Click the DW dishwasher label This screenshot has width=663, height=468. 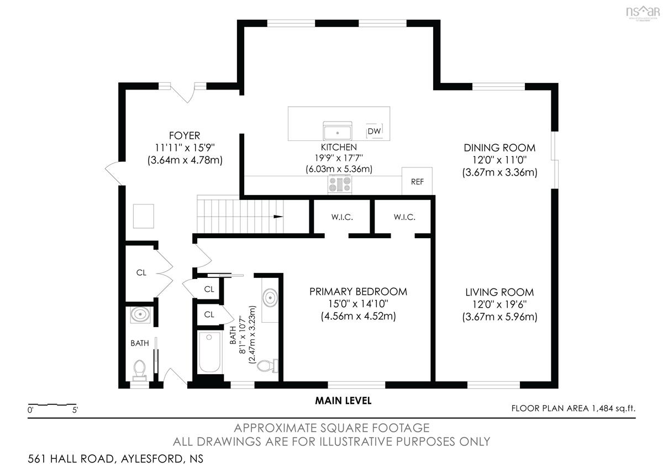pyautogui.click(x=374, y=131)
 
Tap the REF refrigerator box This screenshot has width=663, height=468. pyautogui.click(x=417, y=181)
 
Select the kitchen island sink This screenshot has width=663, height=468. pyautogui.click(x=338, y=130)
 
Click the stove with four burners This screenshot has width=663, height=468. pyautogui.click(x=340, y=184)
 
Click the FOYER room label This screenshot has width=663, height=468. pyautogui.click(x=185, y=135)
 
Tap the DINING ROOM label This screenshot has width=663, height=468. pyautogui.click(x=499, y=148)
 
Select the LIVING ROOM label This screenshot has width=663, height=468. pyautogui.click(x=499, y=292)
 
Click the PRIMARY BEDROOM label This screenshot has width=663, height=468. pyautogui.click(x=358, y=292)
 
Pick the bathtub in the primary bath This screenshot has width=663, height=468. pyautogui.click(x=209, y=352)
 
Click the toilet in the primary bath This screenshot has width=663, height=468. pyautogui.click(x=267, y=366)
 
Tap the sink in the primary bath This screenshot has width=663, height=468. pyautogui.click(x=270, y=297)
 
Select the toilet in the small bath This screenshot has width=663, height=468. pyautogui.click(x=139, y=370)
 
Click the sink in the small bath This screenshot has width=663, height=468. pyautogui.click(x=140, y=314)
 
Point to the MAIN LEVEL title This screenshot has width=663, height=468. pyautogui.click(x=343, y=401)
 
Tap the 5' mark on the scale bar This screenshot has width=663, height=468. pyautogui.click(x=75, y=411)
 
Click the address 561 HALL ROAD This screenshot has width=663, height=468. pyautogui.click(x=71, y=459)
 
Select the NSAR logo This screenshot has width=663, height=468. pyautogui.click(x=643, y=13)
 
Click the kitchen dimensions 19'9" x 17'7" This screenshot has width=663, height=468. pyautogui.click(x=339, y=158)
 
